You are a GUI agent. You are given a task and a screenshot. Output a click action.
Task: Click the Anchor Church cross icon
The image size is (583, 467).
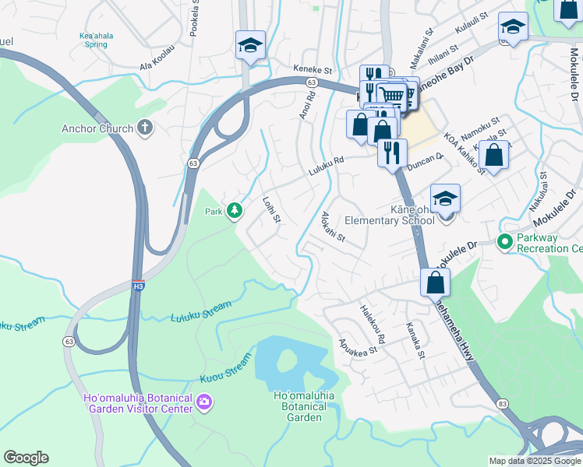click(x=144, y=127)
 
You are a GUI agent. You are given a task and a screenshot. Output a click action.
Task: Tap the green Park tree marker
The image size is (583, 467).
click(x=234, y=211)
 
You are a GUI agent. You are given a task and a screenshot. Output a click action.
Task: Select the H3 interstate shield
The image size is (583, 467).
click(x=138, y=286)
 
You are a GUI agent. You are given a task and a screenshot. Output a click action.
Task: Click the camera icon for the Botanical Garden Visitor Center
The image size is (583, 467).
click(x=204, y=402)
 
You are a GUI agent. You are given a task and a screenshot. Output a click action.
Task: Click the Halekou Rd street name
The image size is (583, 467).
click(x=373, y=325)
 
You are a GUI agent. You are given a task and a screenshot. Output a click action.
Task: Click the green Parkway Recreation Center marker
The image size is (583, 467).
click(x=504, y=242)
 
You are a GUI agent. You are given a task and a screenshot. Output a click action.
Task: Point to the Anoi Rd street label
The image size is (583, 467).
click(x=306, y=106)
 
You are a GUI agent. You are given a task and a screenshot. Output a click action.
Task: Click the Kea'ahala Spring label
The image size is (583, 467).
click(x=94, y=40)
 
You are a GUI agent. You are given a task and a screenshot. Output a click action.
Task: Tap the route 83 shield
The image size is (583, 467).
click(x=501, y=403)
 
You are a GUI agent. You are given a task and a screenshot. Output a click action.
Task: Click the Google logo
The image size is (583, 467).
click(x=26, y=458)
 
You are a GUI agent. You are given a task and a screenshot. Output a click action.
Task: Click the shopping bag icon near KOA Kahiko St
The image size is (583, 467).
click(x=493, y=153)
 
